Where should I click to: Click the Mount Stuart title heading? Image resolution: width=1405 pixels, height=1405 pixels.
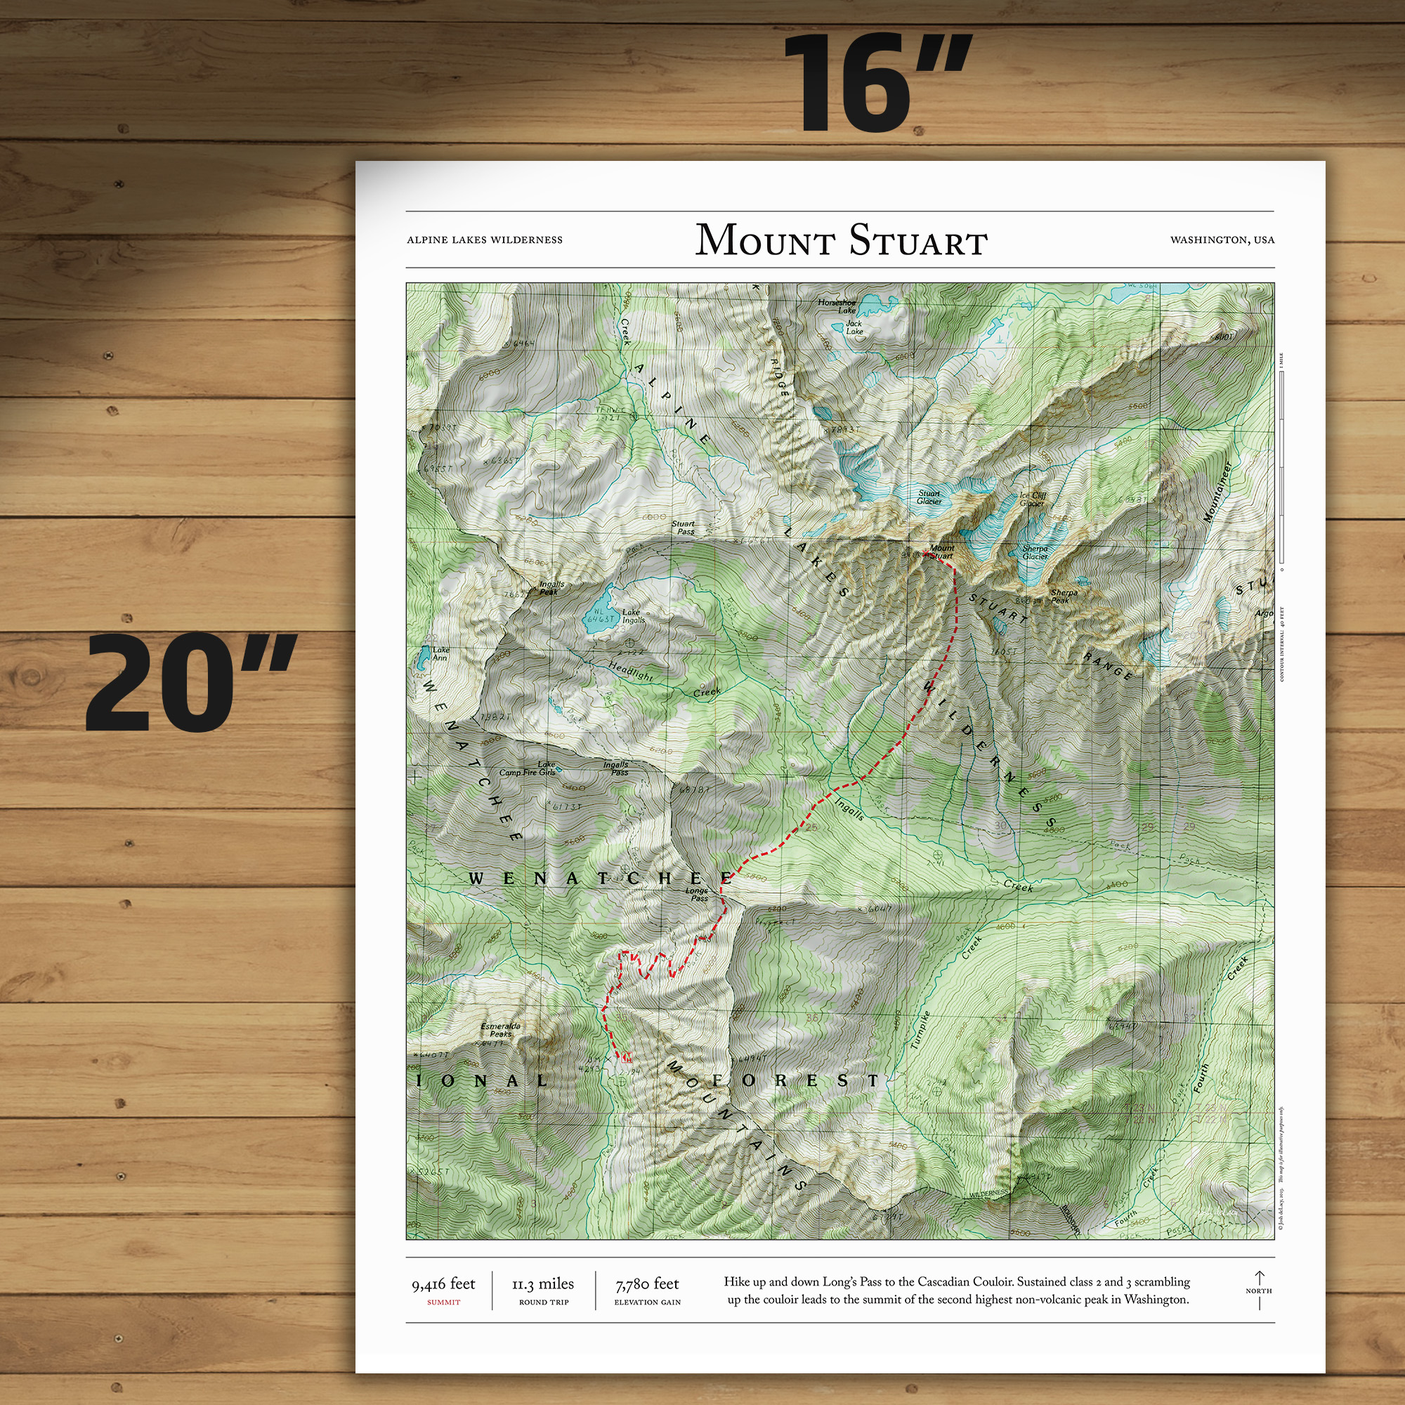tap(841, 240)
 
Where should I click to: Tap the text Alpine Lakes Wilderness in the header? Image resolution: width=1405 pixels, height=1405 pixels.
tap(484, 240)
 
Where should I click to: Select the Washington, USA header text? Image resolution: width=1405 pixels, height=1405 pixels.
tap(1222, 240)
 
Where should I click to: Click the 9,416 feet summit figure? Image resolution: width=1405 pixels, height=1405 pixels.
tap(443, 1284)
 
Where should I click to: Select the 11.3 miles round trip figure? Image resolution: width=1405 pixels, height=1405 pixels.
tap(543, 1284)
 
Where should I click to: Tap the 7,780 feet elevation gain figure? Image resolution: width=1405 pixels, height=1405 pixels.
tap(646, 1284)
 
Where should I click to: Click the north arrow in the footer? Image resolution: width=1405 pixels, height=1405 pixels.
tap(1259, 1288)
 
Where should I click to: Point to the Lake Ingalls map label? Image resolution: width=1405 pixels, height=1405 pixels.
tap(633, 616)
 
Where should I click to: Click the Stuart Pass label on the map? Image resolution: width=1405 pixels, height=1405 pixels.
tap(683, 528)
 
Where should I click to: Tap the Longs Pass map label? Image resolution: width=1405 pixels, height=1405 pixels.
tap(698, 894)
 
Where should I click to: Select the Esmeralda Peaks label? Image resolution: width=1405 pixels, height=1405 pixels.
tap(500, 1030)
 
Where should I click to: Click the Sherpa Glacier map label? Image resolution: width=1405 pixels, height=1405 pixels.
tap(1035, 553)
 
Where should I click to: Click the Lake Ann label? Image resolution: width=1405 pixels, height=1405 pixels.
tap(440, 654)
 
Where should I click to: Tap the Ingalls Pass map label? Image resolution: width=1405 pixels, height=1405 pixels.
tap(617, 768)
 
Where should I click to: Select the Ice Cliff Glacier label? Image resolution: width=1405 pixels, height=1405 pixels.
tap(1033, 499)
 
